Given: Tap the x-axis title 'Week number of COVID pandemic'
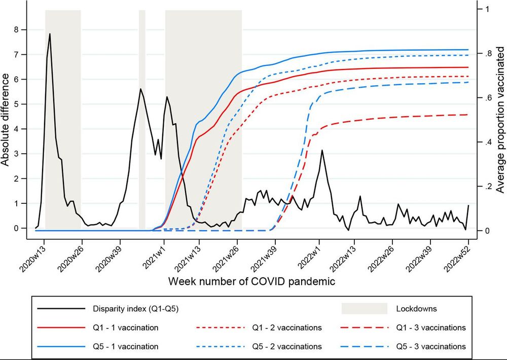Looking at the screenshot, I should point(251,280).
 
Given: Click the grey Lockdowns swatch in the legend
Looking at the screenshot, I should point(364,308).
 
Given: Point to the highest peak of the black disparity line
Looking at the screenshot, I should point(50,34).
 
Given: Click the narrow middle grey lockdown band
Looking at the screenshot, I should point(142,119).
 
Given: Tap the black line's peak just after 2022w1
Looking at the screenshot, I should point(321,151).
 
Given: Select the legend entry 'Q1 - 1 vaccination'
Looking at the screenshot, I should point(125,328).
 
